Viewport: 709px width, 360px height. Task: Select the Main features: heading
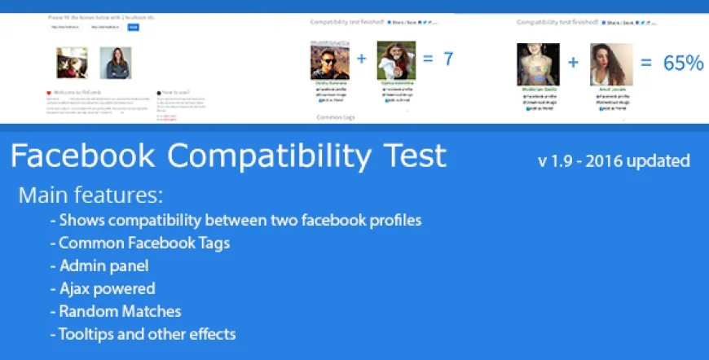[90, 195]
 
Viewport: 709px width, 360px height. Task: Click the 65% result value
[683, 63]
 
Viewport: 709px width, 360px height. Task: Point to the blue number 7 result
[448, 59]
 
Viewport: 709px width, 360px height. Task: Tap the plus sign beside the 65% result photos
[573, 63]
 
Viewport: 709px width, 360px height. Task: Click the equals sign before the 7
[427, 59]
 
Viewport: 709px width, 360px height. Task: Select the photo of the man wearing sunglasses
[329, 60]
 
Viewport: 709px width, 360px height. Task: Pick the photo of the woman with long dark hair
[610, 64]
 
